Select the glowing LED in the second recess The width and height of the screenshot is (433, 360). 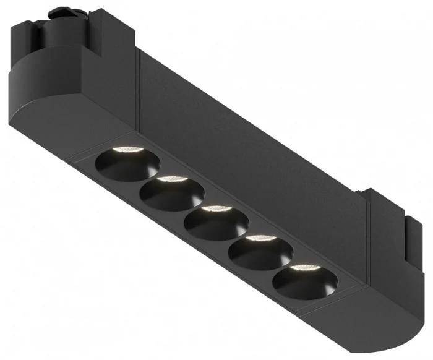coord(171,179)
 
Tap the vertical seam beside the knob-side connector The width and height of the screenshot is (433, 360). coord(137,87)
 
